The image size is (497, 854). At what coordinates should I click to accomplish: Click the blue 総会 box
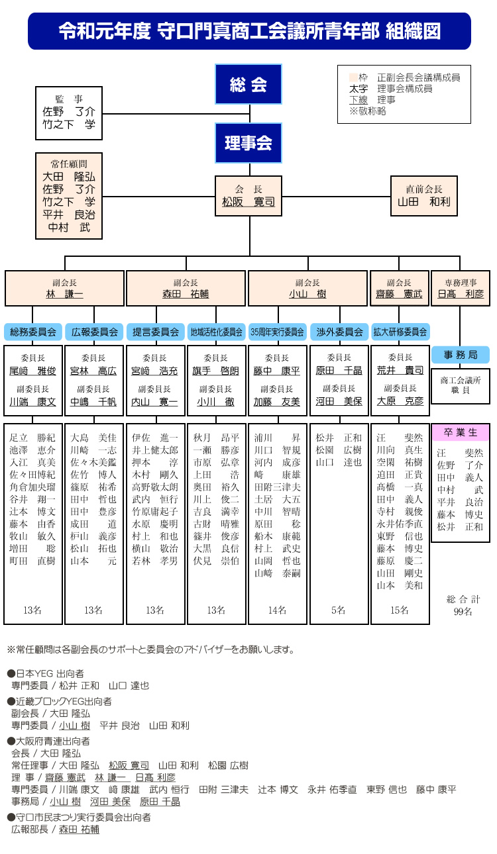click(x=248, y=84)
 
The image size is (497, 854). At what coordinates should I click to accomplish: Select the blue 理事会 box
click(x=248, y=143)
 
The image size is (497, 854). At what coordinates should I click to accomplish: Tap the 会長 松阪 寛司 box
click(x=248, y=196)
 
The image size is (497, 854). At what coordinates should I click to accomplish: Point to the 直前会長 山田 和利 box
click(x=423, y=196)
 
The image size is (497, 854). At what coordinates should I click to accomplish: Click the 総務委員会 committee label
click(x=33, y=332)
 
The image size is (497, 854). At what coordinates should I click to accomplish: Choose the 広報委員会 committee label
click(x=94, y=332)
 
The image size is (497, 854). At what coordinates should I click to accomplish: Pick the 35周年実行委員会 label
click(x=278, y=332)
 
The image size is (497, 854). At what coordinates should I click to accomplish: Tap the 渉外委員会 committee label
click(x=339, y=332)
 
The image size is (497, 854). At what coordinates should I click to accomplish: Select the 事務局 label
click(x=461, y=355)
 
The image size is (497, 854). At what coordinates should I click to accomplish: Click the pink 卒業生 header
click(x=461, y=432)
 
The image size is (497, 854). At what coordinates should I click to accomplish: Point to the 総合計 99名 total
click(x=463, y=605)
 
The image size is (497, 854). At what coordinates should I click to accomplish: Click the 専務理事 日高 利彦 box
click(x=461, y=288)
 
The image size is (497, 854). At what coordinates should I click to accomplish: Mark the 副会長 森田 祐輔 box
click(x=186, y=288)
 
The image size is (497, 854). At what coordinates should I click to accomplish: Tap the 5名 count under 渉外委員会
click(x=338, y=610)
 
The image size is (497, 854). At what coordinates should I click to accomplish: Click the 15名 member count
click(x=400, y=610)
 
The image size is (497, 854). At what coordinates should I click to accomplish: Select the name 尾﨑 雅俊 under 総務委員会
click(x=33, y=371)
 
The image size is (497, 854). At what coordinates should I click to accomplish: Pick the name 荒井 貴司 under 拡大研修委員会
click(x=400, y=370)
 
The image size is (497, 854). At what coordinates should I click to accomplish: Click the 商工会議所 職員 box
click(x=461, y=386)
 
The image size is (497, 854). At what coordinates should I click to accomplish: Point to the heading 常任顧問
click(x=69, y=164)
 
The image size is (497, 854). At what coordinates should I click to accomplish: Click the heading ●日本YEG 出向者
click(x=46, y=674)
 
